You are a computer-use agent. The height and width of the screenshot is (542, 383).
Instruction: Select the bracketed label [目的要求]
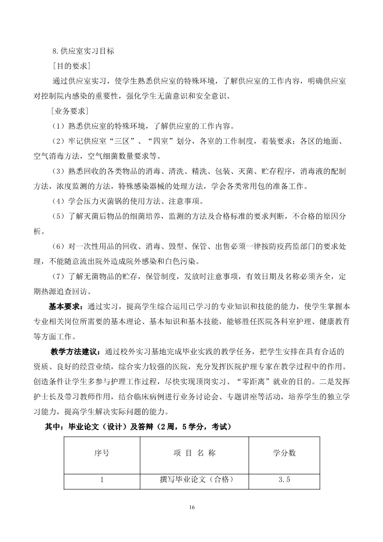71,66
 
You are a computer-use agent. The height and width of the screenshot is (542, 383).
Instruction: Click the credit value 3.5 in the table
284,480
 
